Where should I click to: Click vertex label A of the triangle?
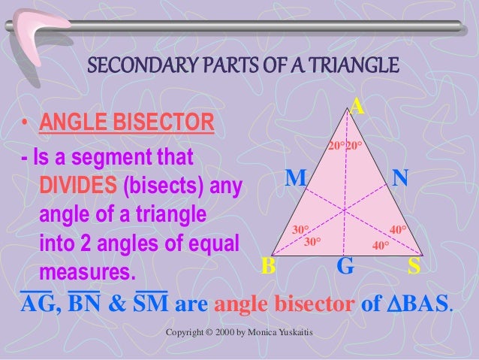(358, 107)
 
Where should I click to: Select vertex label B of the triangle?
(267, 266)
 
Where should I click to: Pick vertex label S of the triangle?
(414, 266)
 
